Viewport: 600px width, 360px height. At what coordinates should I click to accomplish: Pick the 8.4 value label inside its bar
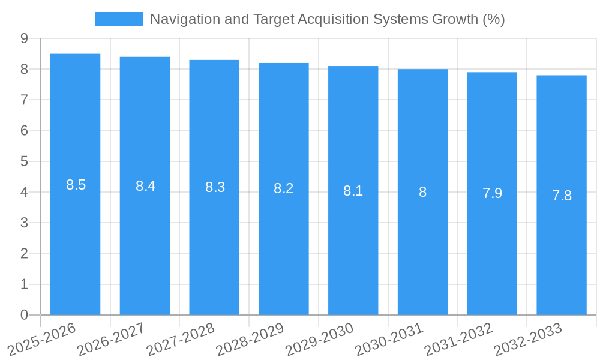tap(145, 186)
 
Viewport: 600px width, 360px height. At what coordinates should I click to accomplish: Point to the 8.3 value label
tap(215, 187)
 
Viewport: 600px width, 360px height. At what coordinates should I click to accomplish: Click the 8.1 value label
tap(353, 191)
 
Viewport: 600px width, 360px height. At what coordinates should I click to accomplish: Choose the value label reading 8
tap(422, 192)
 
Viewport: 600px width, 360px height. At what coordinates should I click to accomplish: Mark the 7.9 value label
tap(492, 193)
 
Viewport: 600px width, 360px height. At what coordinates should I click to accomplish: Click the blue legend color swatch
tap(119, 19)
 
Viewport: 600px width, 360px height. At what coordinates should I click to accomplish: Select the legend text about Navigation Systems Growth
tap(327, 19)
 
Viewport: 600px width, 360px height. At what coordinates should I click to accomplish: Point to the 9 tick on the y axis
tap(24, 38)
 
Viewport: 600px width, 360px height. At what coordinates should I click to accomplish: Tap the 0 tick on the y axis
tap(24, 315)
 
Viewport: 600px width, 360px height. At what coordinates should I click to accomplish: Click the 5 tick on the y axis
tap(24, 161)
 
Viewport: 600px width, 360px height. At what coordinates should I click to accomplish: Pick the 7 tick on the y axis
tap(24, 100)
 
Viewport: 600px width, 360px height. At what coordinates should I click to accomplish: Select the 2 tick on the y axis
tap(24, 254)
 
